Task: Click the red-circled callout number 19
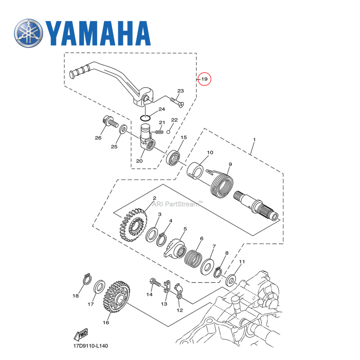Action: [x=204, y=79]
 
